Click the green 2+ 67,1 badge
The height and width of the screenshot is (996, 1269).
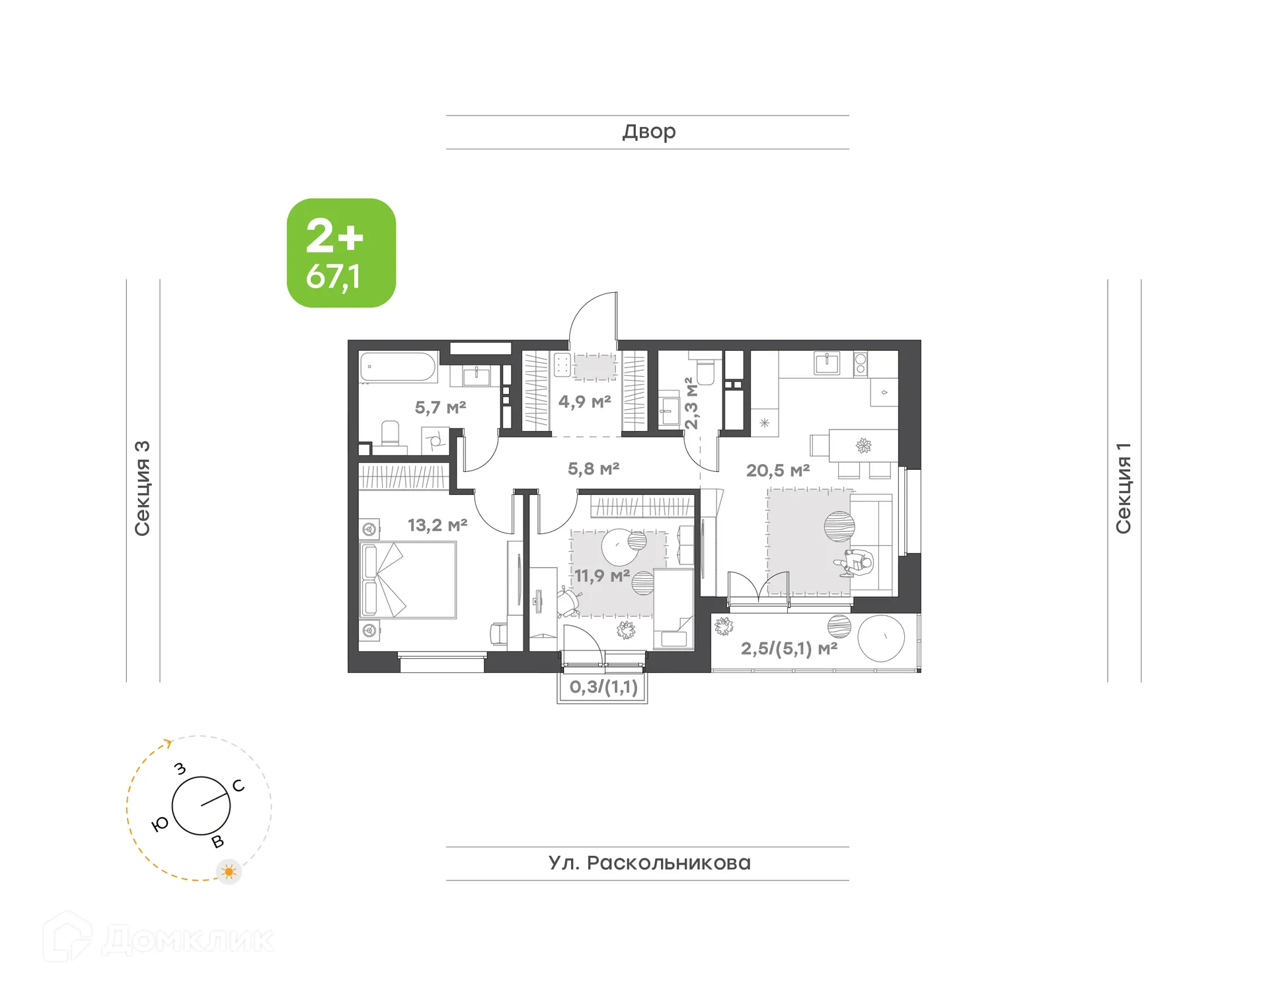click(341, 253)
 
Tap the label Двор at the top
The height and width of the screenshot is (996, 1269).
click(648, 132)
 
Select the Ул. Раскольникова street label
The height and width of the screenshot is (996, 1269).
click(649, 863)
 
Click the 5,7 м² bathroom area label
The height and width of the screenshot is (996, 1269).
click(440, 408)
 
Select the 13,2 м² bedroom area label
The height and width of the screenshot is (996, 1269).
click(437, 525)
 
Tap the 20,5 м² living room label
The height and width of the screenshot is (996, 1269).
click(777, 471)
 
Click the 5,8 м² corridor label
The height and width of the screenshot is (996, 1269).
click(593, 469)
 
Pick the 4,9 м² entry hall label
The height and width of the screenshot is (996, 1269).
click(584, 402)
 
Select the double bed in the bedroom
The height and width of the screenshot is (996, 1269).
click(408, 580)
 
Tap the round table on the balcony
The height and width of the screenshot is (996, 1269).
click(880, 638)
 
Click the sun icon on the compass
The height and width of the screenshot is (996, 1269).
click(229, 872)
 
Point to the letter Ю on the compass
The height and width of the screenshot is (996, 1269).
click(160, 824)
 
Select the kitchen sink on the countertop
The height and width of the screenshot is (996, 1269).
click(827, 364)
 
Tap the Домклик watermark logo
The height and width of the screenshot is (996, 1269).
click(159, 939)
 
